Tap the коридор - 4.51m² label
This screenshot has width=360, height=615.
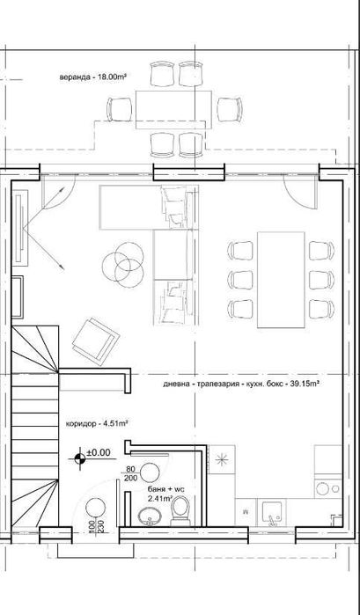point(97,423)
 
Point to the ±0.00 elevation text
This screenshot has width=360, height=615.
point(98,454)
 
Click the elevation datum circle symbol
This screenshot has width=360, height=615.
point(81,455)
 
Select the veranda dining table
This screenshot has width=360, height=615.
point(173,108)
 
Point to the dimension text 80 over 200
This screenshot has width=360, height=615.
point(131,475)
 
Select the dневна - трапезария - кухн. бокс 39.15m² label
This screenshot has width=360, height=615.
point(239,384)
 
